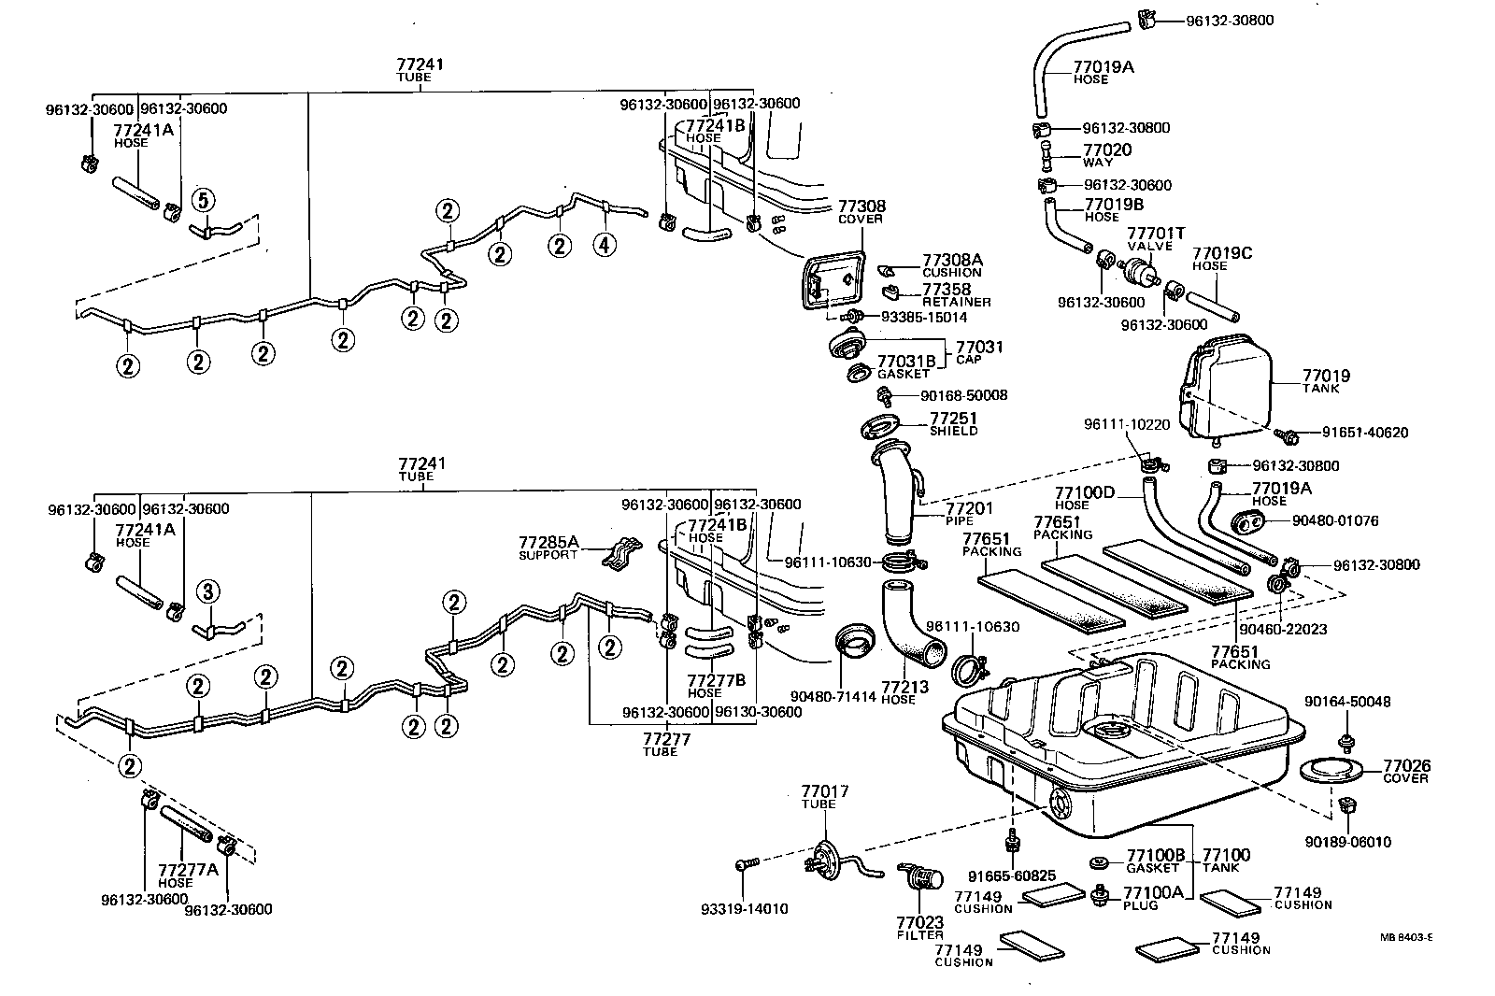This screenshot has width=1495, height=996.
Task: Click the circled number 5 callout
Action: (203, 198)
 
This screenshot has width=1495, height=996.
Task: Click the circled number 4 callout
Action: (606, 246)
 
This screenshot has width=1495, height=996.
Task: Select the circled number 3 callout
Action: (207, 590)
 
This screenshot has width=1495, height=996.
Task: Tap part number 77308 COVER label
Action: (861, 211)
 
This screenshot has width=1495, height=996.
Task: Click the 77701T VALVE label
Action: (1156, 238)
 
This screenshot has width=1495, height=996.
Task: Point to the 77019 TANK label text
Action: (1326, 382)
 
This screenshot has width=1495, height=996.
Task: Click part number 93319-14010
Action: (744, 909)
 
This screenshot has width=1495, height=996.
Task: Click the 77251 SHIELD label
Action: (953, 424)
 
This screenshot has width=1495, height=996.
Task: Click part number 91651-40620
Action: (1364, 433)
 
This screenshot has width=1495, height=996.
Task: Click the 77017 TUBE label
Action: (824, 797)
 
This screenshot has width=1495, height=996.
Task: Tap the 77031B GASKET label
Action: (905, 366)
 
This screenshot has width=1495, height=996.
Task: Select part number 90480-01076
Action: (1335, 520)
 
